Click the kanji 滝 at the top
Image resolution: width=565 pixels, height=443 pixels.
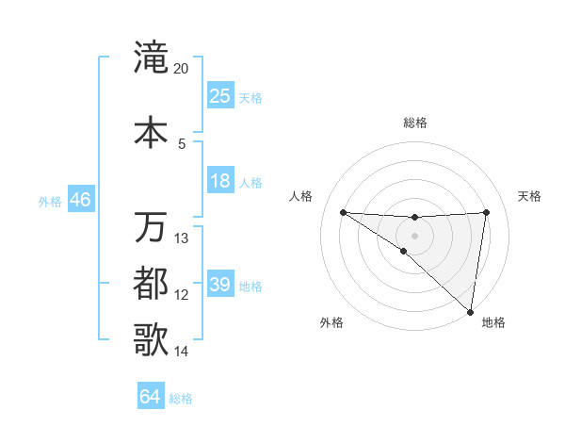click(x=151, y=58)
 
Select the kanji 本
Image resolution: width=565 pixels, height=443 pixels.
click(x=151, y=131)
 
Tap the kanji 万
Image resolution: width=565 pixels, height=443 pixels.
click(x=151, y=226)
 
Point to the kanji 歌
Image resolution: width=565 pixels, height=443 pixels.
click(x=151, y=339)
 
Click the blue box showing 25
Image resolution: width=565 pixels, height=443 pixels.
click(x=220, y=95)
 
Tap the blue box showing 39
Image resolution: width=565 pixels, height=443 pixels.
click(x=220, y=285)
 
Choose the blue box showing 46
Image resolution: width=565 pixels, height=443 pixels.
click(x=79, y=199)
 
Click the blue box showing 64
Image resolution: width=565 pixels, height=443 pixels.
click(x=151, y=397)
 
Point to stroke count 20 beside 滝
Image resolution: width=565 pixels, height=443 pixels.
click(x=182, y=69)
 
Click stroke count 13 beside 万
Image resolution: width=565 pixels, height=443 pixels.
click(x=182, y=238)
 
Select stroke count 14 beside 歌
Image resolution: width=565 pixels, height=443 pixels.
click(x=182, y=352)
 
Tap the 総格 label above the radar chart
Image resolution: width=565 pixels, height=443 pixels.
click(x=414, y=123)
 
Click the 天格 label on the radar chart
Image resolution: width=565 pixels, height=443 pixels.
click(x=529, y=196)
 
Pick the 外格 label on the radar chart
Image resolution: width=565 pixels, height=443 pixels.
click(x=331, y=322)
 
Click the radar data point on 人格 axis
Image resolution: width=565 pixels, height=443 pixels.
click(x=343, y=212)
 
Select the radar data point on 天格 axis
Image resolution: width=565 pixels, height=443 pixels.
click(x=487, y=212)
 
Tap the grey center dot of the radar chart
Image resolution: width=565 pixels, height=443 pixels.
click(x=414, y=235)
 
